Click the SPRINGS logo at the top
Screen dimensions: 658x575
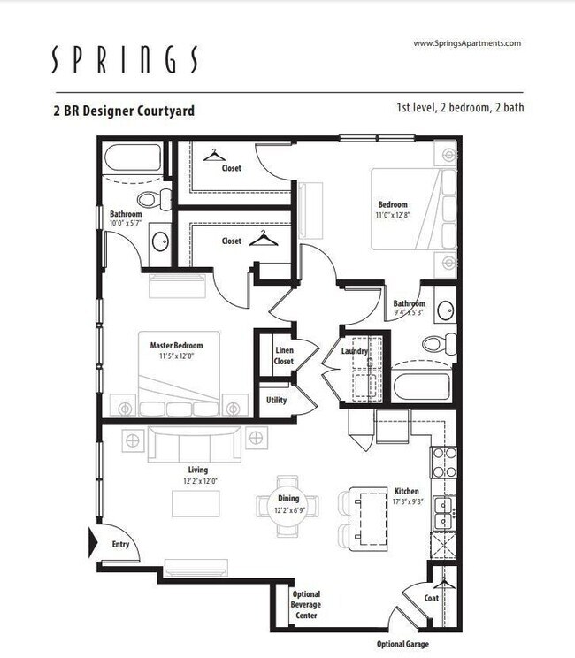pos(123,59)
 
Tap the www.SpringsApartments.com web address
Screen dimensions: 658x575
pos(467,42)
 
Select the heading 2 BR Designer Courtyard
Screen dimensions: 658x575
pos(124,111)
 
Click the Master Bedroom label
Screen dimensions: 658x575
pos(176,346)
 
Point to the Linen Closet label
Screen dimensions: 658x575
pos(284,356)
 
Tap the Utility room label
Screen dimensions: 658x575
pos(276,400)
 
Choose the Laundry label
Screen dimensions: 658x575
pos(355,352)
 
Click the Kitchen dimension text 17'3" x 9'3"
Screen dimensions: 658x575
pos(408,502)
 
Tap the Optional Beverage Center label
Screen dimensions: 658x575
pos(306,605)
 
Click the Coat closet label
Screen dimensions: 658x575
pos(432,598)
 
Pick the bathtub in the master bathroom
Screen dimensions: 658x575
pos(134,158)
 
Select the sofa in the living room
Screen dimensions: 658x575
pos(195,442)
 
